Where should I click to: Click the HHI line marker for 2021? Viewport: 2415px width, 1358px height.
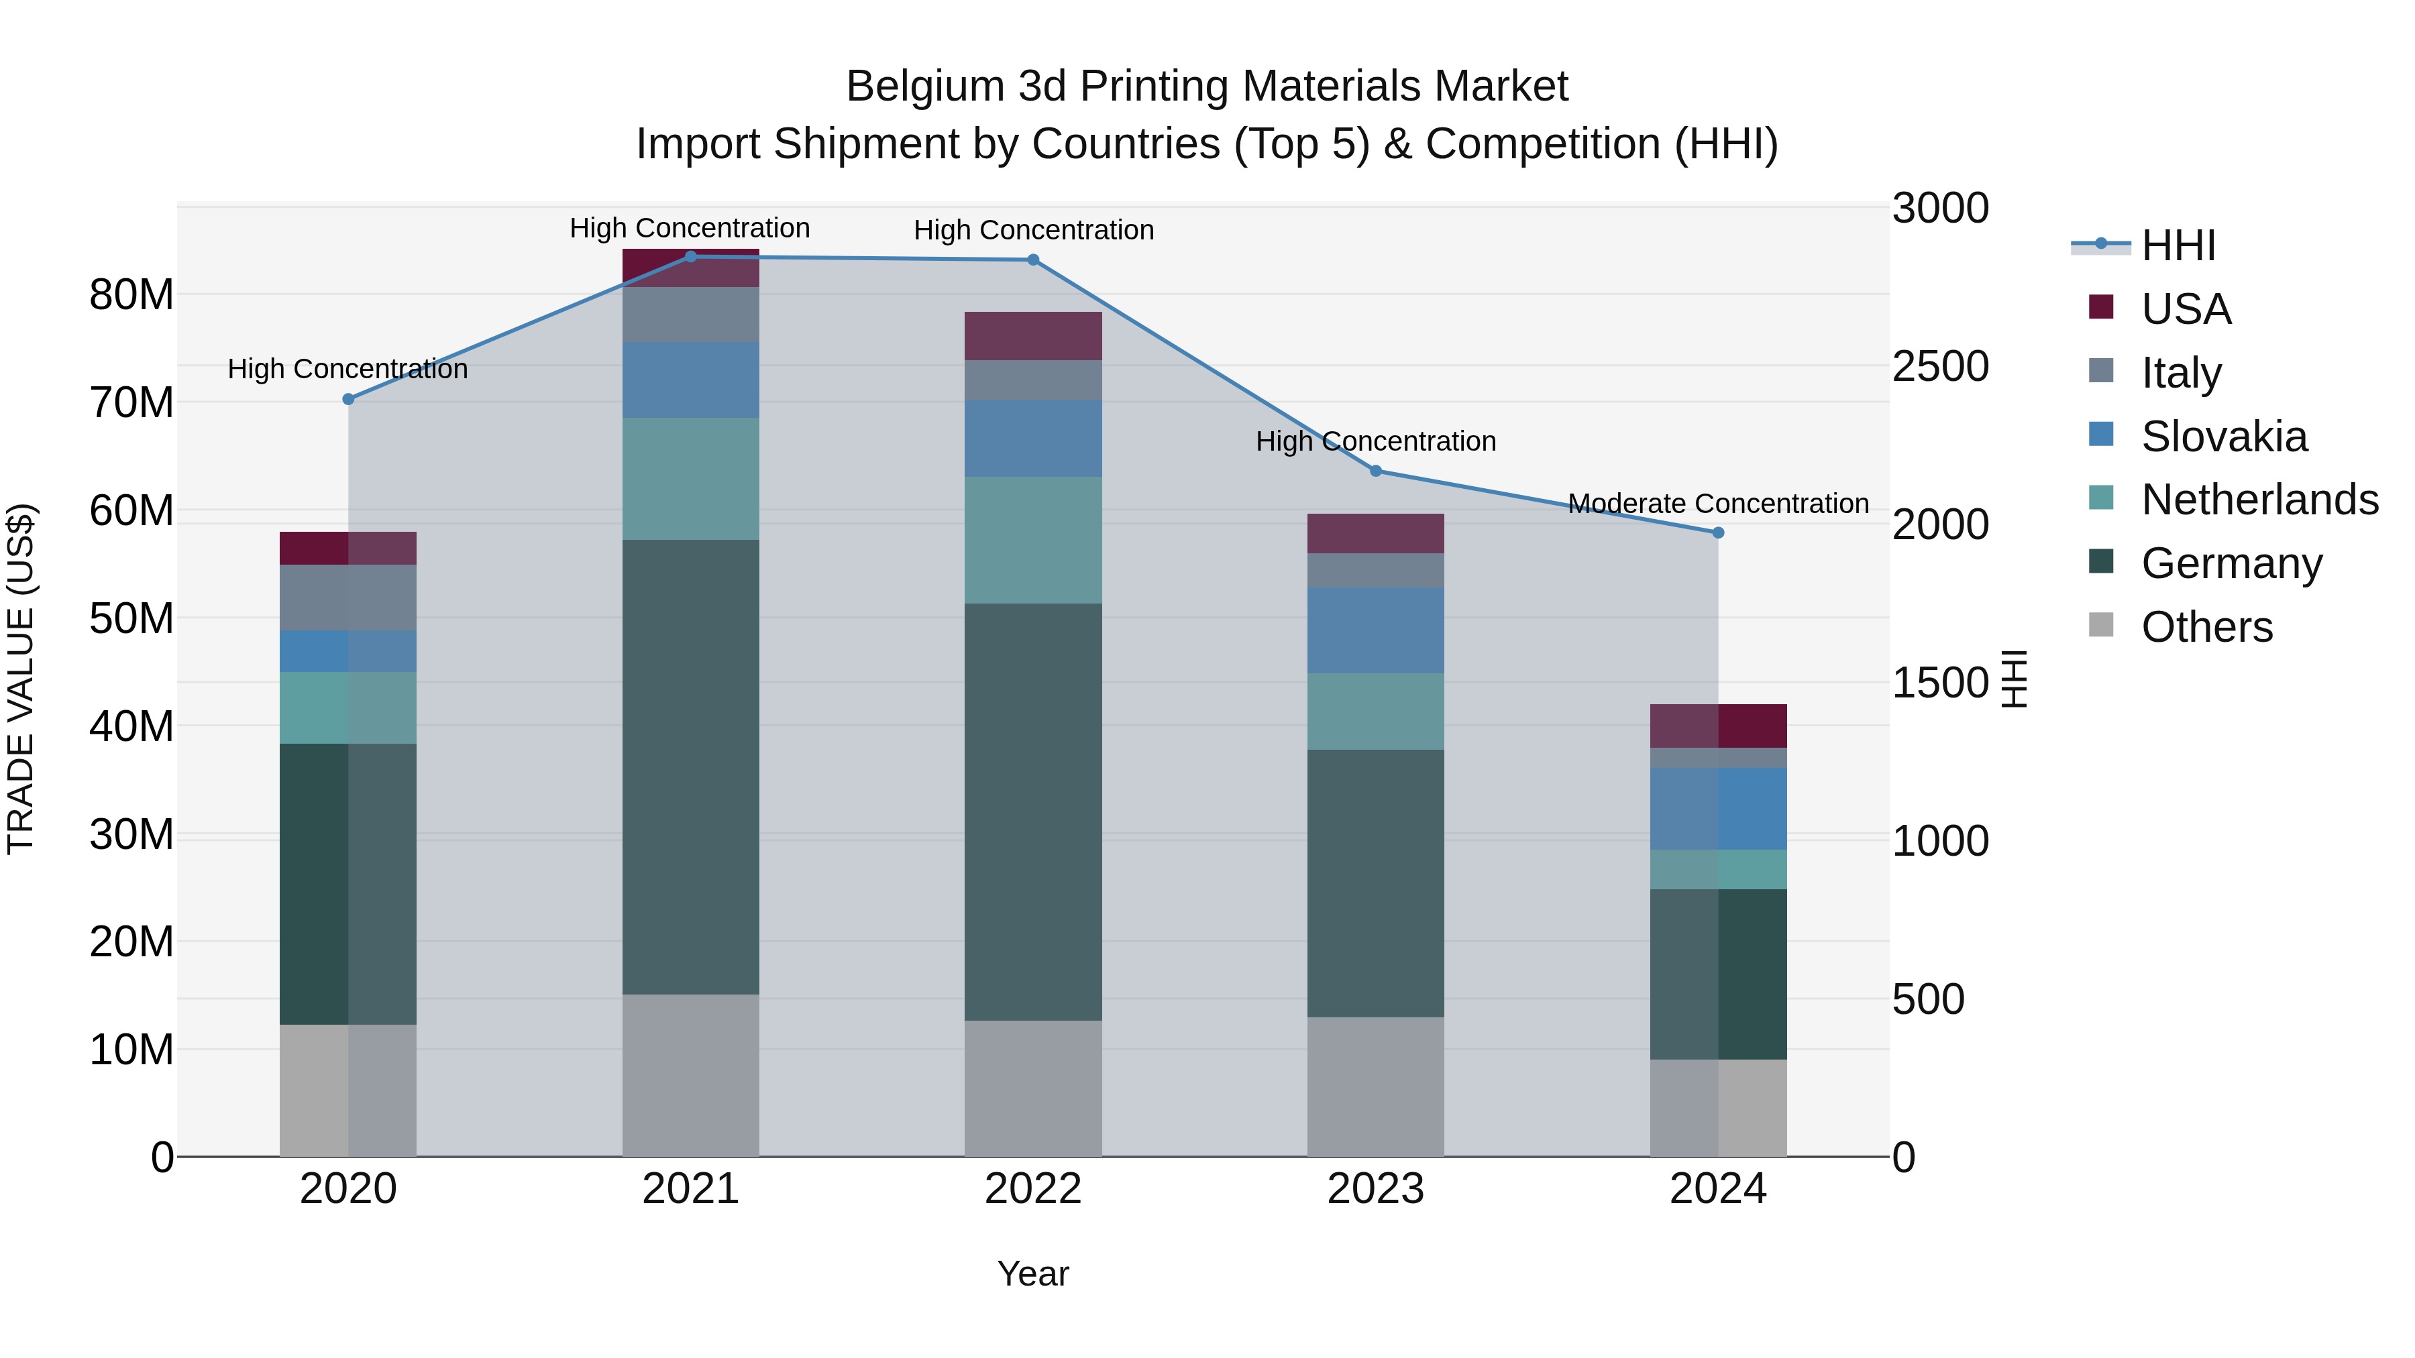pos(691,257)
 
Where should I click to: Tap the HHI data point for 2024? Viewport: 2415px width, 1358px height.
pos(1719,533)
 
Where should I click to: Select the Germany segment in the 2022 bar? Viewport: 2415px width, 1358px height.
pos(1033,811)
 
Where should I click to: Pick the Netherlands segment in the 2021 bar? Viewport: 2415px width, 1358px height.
pos(691,479)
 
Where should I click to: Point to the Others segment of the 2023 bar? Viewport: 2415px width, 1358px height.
pos(1375,1087)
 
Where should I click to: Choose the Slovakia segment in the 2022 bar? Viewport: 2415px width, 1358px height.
pos(1033,439)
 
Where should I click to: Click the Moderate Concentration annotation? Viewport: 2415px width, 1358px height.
pos(1719,504)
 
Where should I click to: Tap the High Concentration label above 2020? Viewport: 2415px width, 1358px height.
pos(347,370)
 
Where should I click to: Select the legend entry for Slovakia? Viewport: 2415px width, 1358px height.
pos(2224,437)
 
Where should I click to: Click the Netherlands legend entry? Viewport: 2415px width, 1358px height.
pos(2259,500)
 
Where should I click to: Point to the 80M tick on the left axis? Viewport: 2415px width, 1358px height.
pos(131,295)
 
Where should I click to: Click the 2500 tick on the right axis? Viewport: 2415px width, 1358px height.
pos(1939,366)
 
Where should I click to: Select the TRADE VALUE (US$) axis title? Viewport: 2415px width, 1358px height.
pos(21,679)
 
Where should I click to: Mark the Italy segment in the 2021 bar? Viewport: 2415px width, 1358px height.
pos(691,315)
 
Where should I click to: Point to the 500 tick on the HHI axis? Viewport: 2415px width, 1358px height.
pos(1927,1000)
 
